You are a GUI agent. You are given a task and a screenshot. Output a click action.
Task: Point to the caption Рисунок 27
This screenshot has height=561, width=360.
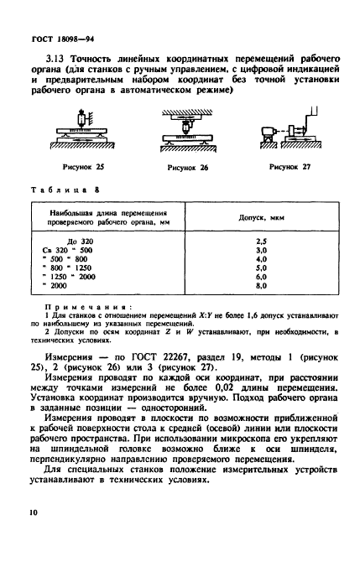tap(290, 166)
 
